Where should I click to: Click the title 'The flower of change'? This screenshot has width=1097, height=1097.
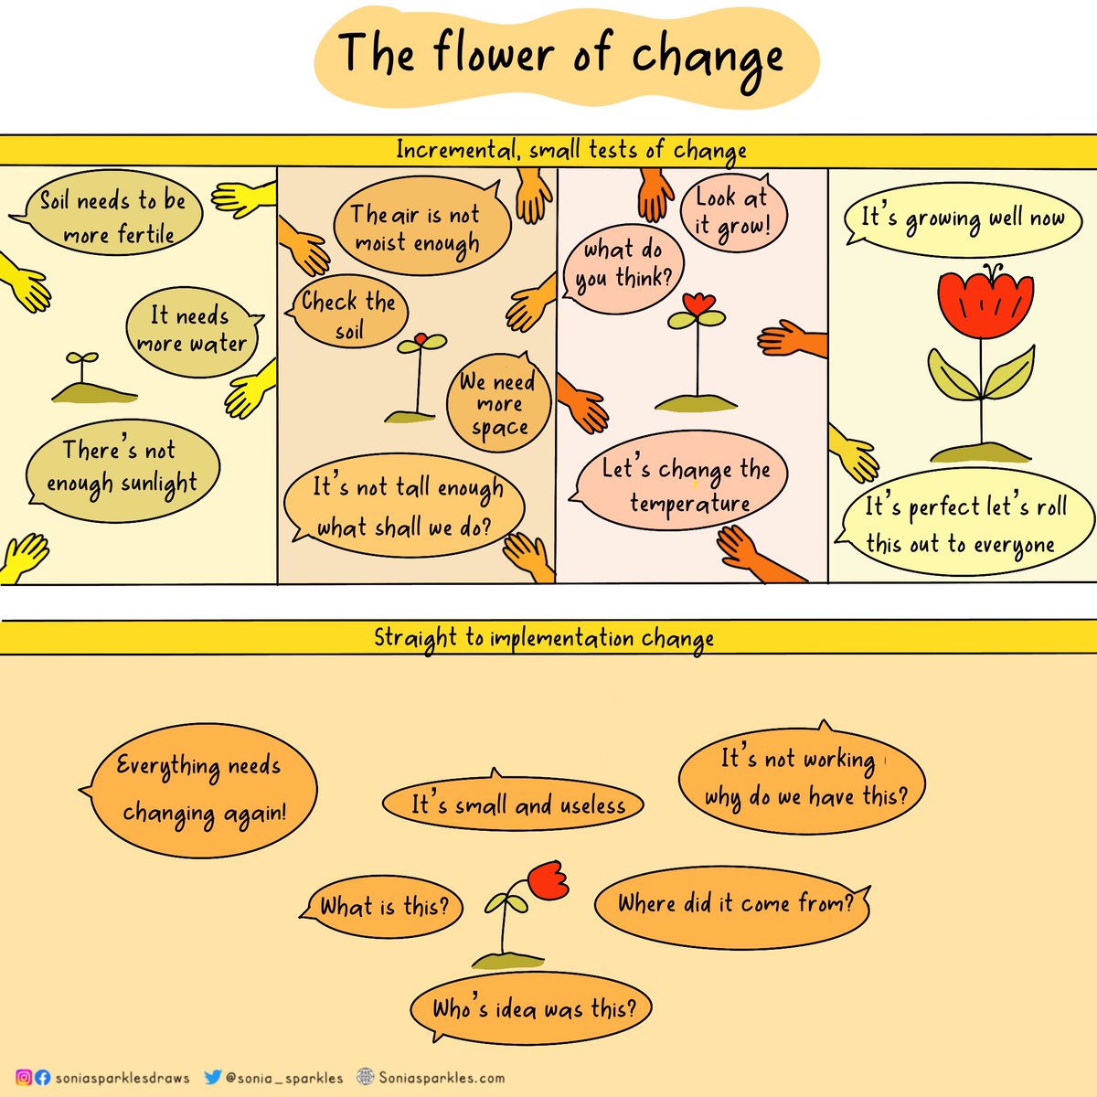[562, 55]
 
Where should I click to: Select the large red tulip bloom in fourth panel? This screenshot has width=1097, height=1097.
[985, 304]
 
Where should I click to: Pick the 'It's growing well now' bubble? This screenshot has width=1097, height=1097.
[964, 220]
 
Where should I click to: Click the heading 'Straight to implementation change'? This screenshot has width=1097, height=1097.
[544, 638]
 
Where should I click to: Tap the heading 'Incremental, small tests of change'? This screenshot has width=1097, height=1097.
[570, 150]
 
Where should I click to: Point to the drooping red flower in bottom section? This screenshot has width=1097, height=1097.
[548, 879]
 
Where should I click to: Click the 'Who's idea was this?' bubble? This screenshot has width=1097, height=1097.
[533, 1008]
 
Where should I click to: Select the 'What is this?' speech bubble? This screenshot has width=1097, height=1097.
[385, 906]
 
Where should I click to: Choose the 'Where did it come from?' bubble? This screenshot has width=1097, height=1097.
[733, 904]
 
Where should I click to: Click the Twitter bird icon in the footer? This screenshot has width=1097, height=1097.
[213, 1077]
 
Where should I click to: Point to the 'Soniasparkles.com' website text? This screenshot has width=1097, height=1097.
[441, 1078]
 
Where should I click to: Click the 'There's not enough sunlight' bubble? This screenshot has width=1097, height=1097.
[122, 466]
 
